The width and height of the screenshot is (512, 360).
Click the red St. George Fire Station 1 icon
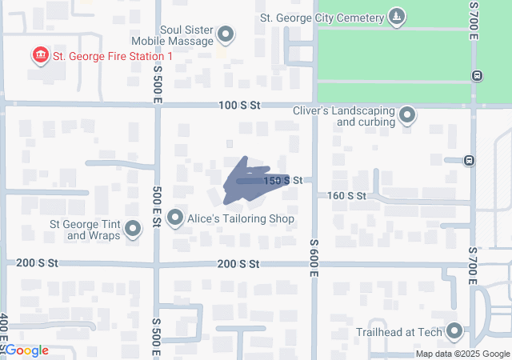pos(39,55)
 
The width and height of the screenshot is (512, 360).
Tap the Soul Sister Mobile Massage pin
pos(226,34)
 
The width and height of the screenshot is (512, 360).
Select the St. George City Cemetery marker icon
pos(396,17)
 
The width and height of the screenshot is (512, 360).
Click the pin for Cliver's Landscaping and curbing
pos(407,116)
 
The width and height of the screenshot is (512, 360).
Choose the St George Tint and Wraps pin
pos(133,230)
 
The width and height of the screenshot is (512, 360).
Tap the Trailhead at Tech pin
pos(455,330)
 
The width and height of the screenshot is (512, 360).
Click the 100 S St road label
pos(240,105)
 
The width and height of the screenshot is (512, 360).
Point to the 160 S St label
pos(346,196)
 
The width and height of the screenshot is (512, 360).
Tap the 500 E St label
pos(157,207)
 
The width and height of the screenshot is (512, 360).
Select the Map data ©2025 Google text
pos(462,354)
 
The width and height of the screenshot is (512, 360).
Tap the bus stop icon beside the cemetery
pos(477,76)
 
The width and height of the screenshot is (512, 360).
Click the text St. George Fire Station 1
pos(113,56)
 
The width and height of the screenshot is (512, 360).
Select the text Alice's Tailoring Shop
pos(242,218)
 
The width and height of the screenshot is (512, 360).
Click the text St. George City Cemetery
pos(323,18)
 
